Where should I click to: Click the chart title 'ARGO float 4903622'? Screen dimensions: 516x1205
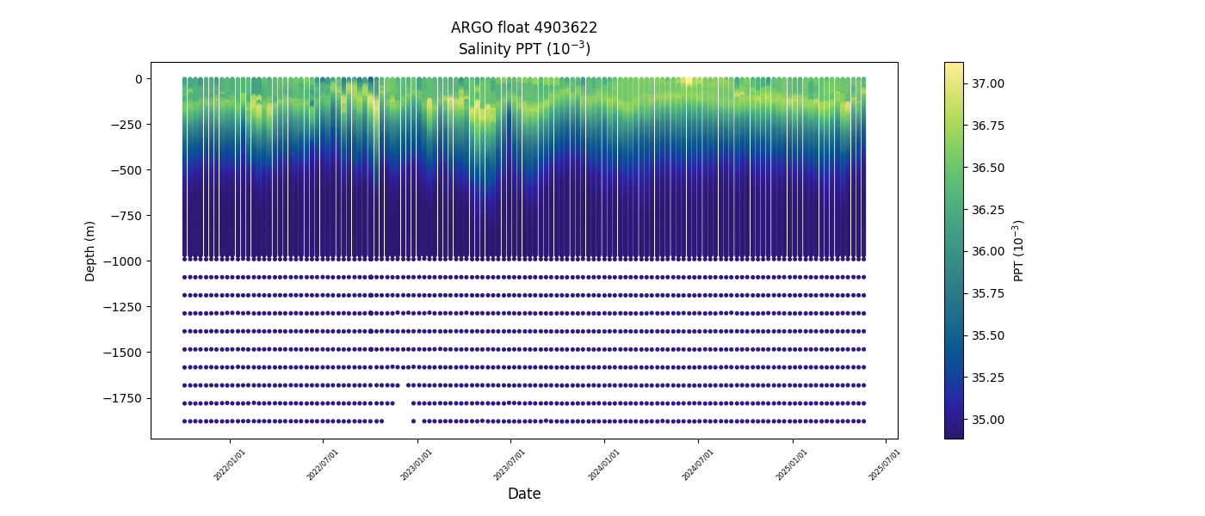click(523, 28)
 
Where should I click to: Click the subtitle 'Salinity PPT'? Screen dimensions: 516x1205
click(523, 49)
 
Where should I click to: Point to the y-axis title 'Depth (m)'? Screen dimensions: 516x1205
click(90, 250)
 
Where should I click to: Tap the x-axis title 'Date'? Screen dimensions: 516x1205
click(523, 494)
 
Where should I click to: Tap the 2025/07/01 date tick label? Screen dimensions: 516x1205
click(885, 464)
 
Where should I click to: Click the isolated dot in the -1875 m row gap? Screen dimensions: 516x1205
click(413, 421)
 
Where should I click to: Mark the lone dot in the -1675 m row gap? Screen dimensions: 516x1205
click(397, 385)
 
